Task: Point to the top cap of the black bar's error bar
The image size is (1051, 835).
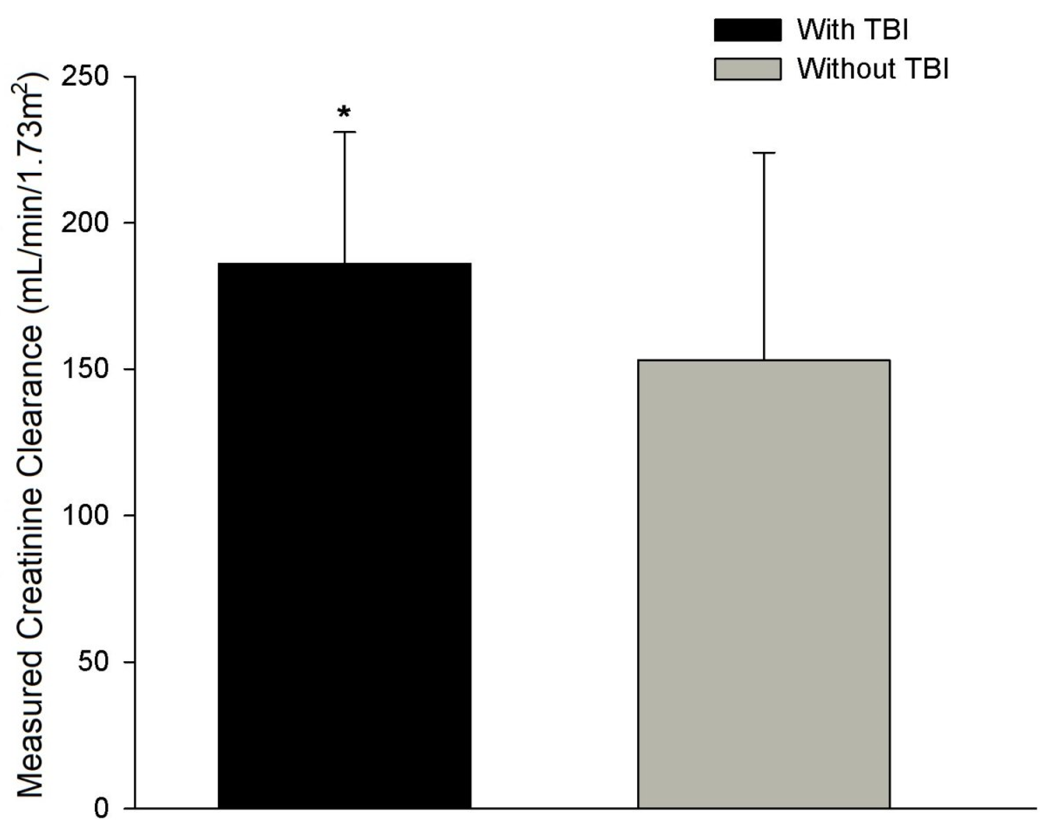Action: click(x=344, y=132)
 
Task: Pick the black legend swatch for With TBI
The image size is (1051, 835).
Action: click(x=747, y=30)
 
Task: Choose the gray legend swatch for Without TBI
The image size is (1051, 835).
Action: click(x=747, y=69)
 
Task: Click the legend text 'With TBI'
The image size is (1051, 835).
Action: click(x=853, y=30)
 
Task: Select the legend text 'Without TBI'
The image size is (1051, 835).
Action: click(x=873, y=69)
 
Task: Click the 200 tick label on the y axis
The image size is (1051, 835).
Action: click(x=84, y=223)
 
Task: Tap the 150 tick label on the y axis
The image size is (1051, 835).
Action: click(x=84, y=369)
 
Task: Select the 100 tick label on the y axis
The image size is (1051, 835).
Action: click(x=84, y=516)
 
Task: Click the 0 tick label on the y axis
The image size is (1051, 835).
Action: click(x=101, y=808)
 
